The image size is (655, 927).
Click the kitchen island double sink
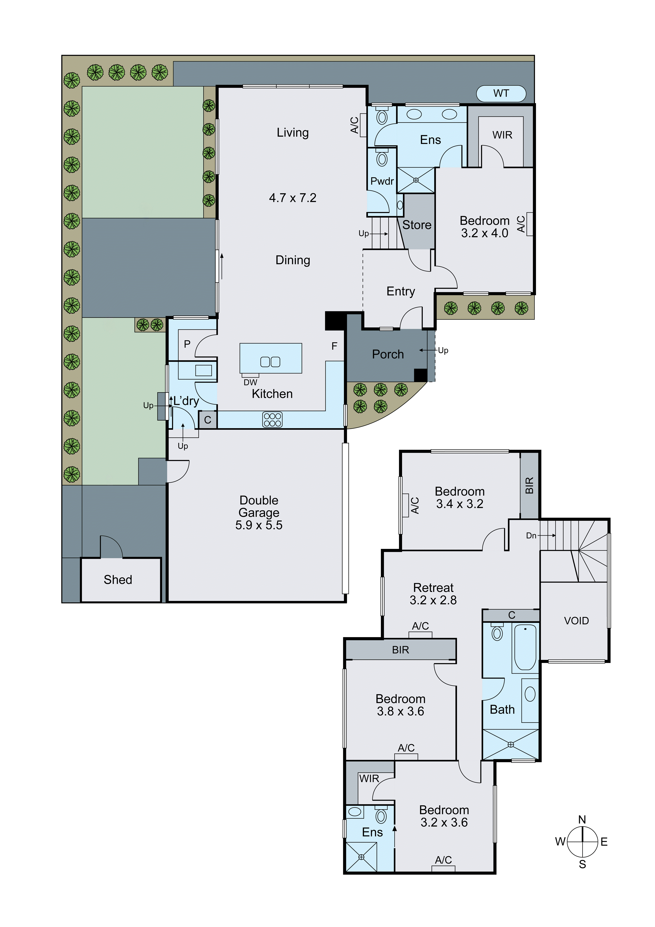point(270,362)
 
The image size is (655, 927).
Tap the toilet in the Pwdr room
point(382,159)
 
